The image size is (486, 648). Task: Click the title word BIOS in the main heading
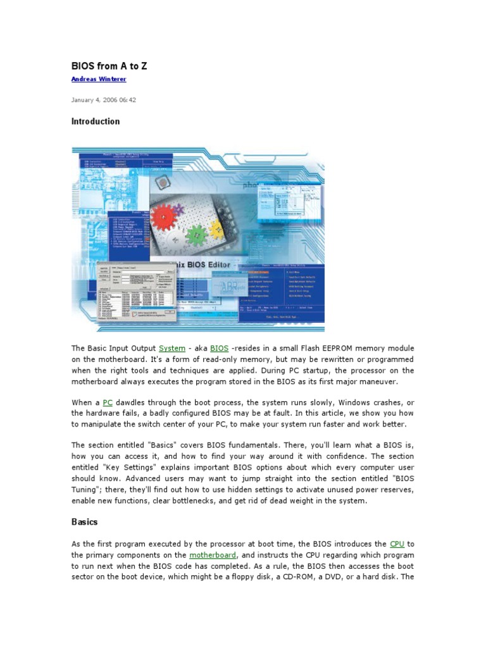point(84,66)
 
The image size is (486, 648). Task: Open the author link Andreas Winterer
point(98,79)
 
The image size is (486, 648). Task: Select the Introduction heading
point(95,121)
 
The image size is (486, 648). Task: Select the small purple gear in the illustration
point(179,208)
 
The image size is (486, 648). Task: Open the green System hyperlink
point(172,348)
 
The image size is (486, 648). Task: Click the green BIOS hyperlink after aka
point(219,348)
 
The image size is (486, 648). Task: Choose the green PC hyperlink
point(108,402)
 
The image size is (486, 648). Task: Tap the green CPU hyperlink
point(397,544)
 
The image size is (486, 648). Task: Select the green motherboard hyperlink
point(213,555)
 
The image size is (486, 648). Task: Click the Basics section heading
point(84,522)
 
